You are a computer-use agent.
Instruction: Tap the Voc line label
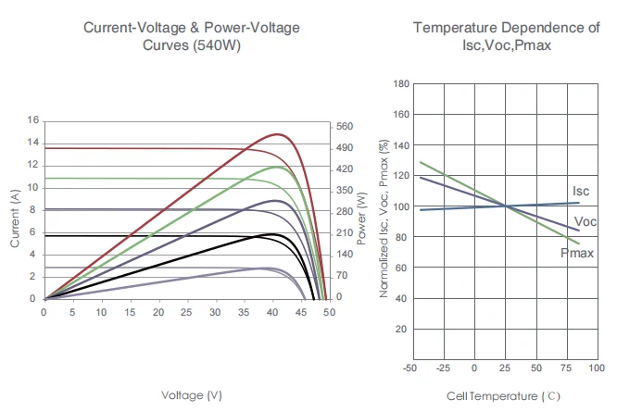[585, 222]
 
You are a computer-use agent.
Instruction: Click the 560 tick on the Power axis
[345, 126]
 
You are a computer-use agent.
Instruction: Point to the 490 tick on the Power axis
[345, 148]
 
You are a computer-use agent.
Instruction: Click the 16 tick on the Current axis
[33, 120]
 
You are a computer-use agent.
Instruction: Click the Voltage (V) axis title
[192, 395]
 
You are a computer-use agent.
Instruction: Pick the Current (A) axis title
[16, 218]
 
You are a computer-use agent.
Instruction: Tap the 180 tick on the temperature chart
[402, 84]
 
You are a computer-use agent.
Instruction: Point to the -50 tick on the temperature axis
[409, 368]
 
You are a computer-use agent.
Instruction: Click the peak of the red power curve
[276, 134]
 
